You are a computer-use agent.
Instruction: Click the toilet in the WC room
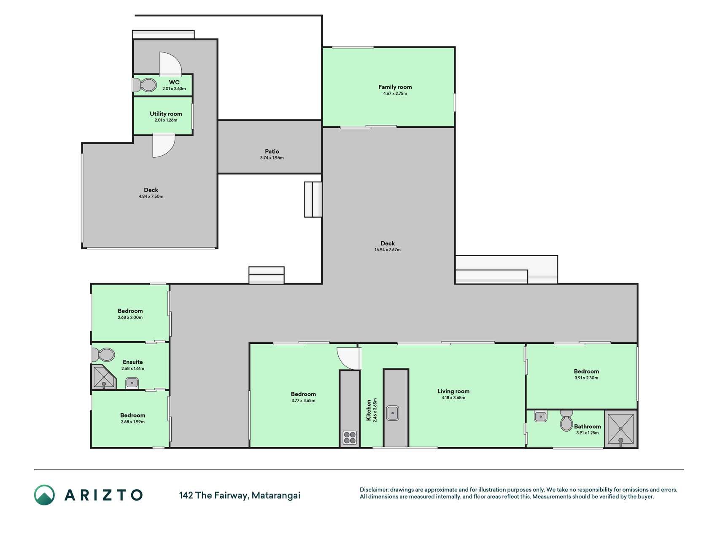pyautogui.click(x=144, y=85)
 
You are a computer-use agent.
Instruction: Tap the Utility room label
pyautogui.click(x=166, y=114)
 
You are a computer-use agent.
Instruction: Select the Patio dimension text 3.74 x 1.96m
pyautogui.click(x=272, y=158)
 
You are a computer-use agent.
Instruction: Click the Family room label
pyautogui.click(x=395, y=87)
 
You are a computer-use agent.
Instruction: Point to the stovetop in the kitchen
pyautogui.click(x=350, y=437)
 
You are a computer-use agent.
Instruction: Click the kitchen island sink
pyautogui.click(x=393, y=413)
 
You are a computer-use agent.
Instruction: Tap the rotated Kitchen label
pyautogui.click(x=369, y=410)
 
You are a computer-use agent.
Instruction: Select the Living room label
pyautogui.click(x=453, y=391)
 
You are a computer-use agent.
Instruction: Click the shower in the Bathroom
pyautogui.click(x=620, y=429)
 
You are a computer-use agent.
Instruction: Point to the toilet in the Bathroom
pyautogui.click(x=566, y=420)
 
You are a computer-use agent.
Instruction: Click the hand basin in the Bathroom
pyautogui.click(x=540, y=417)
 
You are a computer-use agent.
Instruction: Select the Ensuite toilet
pyautogui.click(x=103, y=355)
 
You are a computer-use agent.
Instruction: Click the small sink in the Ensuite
pyautogui.click(x=132, y=383)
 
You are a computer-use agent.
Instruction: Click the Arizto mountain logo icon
pyautogui.click(x=44, y=495)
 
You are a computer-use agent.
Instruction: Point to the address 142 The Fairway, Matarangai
pyautogui.click(x=240, y=495)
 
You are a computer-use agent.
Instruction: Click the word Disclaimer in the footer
pyautogui.click(x=374, y=490)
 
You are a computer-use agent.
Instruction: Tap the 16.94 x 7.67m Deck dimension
pyautogui.click(x=387, y=250)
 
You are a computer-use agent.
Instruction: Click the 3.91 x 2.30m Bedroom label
pyautogui.click(x=586, y=378)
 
